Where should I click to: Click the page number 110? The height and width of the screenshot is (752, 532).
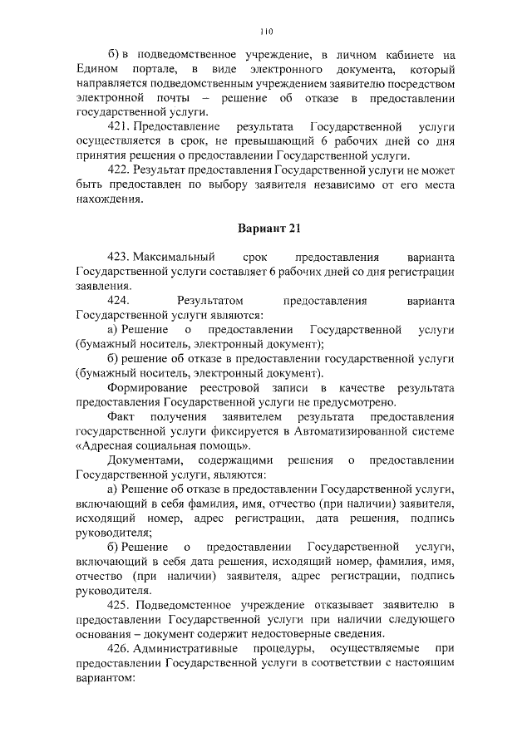(x=266, y=32)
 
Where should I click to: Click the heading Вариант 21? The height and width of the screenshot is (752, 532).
(x=265, y=229)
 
